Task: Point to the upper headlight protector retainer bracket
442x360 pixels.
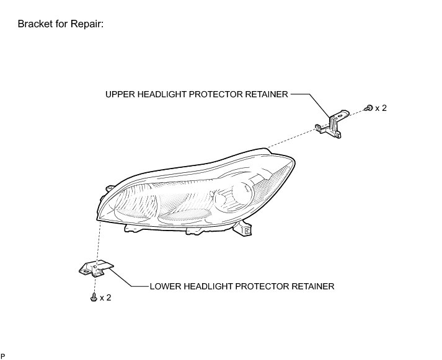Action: click(334, 123)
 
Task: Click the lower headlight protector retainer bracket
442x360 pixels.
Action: click(95, 268)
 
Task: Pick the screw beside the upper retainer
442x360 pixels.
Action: click(369, 108)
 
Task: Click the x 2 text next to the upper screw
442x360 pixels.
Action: click(381, 108)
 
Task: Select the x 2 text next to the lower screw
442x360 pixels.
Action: click(105, 297)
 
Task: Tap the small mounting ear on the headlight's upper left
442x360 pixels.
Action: click(108, 188)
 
